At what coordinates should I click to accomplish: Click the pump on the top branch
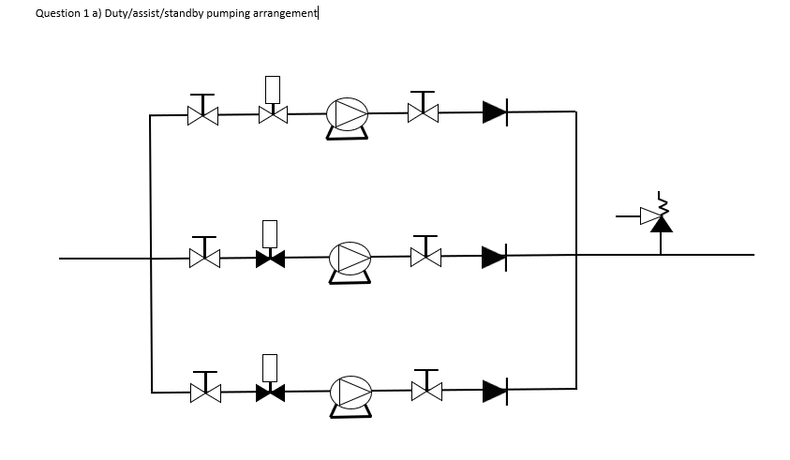point(347,115)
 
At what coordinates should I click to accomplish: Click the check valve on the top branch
point(495,113)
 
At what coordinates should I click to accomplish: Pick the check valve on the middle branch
point(494,256)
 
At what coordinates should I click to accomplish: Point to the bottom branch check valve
point(495,390)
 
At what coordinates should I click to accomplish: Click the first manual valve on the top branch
point(202,115)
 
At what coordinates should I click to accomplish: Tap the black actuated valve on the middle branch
point(271,256)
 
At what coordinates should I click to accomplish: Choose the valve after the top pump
point(423,114)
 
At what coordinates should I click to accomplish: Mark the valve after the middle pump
point(425,256)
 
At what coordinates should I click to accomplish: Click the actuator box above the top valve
point(273,89)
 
